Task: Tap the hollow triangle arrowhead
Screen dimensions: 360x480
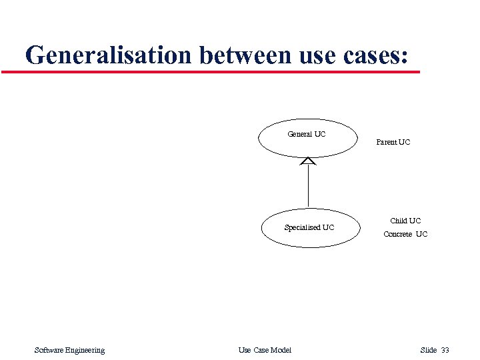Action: click(308, 161)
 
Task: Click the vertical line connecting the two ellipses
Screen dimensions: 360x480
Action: click(308, 187)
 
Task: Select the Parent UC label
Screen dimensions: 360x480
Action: click(393, 142)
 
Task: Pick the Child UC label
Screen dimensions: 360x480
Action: click(405, 221)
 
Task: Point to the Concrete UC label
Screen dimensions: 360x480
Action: click(405, 234)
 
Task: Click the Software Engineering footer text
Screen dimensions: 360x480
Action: click(69, 351)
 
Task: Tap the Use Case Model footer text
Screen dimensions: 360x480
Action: click(265, 351)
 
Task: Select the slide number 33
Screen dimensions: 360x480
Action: click(445, 351)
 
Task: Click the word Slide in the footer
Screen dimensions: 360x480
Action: click(428, 351)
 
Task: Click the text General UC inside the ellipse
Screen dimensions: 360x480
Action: click(307, 134)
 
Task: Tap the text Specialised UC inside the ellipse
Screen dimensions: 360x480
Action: click(309, 227)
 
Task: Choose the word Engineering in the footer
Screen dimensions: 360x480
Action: click(85, 351)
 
